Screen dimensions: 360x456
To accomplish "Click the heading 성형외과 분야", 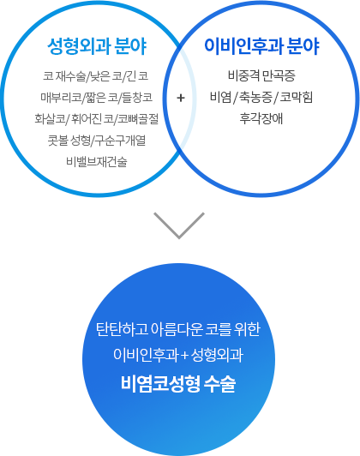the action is coord(97,46).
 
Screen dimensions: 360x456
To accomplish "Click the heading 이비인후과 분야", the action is coord(261,46).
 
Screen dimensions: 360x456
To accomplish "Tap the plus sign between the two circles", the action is coord(181,98).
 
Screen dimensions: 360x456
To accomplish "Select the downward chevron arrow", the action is coord(179,225).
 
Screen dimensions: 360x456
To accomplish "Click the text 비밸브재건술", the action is coord(97,162).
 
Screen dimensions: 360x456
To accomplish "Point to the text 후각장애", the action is coord(261,118).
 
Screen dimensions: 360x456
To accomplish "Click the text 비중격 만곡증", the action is coord(261,76).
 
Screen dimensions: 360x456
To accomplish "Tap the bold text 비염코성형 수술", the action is coord(178,384).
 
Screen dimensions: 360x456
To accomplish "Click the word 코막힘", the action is coord(297,98).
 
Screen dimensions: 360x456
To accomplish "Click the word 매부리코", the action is coord(61,98).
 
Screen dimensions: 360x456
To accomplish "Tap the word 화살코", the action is coord(50,118).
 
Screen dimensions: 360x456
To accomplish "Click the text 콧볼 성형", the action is coord(69,141).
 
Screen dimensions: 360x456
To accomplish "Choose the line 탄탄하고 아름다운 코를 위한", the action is coord(178,329).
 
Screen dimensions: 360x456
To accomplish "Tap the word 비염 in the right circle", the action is coord(220,98).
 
